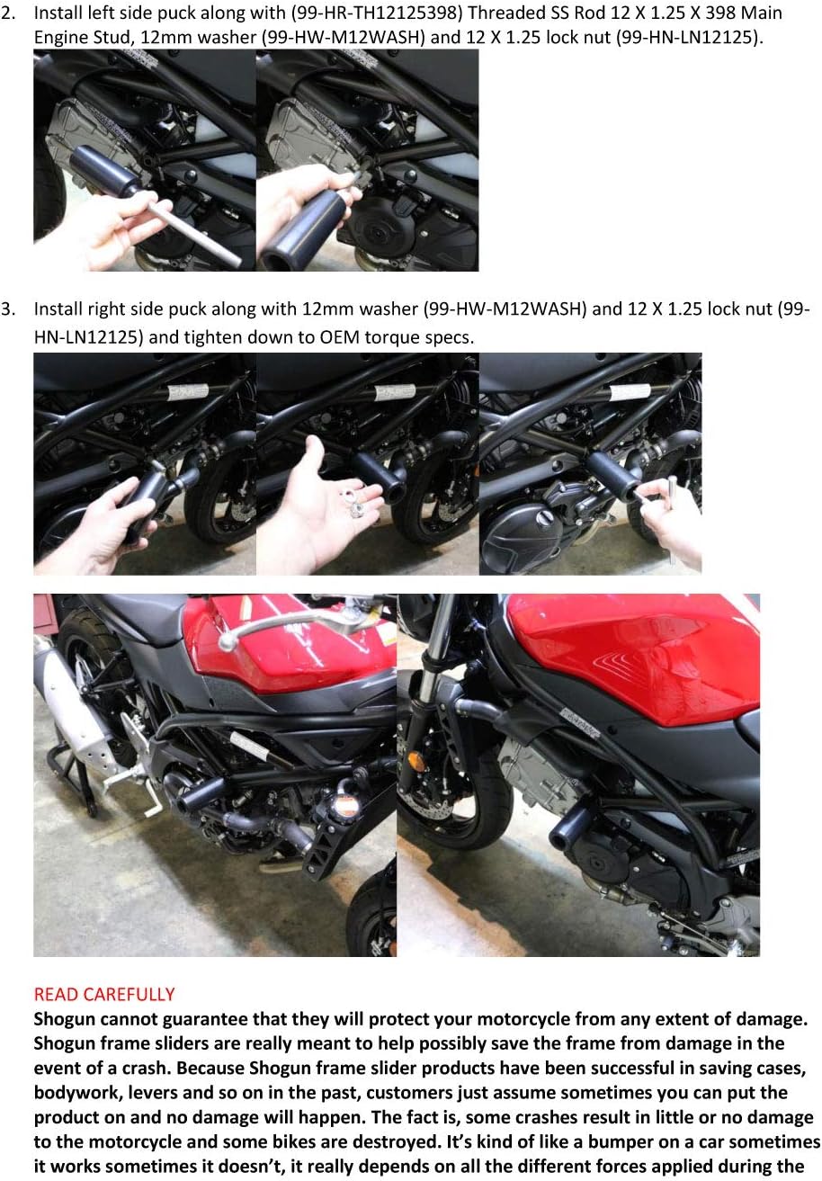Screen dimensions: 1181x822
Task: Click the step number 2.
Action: pyautogui.click(x=7, y=13)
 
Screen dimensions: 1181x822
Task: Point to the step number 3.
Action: pyautogui.click(x=7, y=309)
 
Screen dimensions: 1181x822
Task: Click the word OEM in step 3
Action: pyautogui.click(x=367, y=336)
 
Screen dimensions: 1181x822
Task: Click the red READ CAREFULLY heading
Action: pyautogui.click(x=103, y=994)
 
